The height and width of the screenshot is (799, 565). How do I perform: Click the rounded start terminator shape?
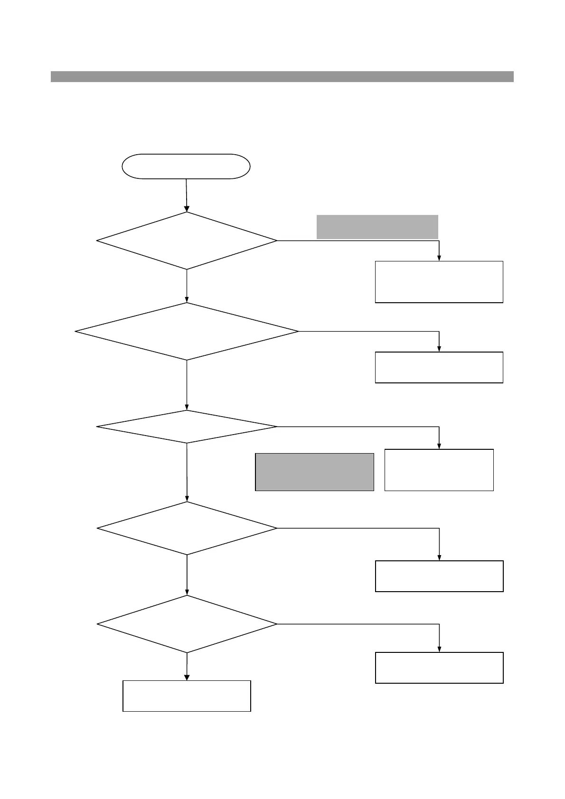coord(186,166)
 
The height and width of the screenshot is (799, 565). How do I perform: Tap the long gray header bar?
coord(282,76)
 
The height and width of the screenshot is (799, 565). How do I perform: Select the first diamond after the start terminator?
coord(187,241)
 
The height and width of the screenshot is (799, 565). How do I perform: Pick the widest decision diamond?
coord(187,331)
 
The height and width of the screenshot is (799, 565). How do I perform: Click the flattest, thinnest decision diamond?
coord(187,427)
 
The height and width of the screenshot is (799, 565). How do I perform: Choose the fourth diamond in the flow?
coord(187,528)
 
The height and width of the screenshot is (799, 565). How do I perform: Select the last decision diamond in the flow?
coord(187,624)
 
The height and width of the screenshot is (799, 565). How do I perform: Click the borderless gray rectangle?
coord(377,227)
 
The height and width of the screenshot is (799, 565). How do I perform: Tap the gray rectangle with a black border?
coord(314,472)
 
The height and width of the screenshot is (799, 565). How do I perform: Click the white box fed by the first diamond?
coord(439,282)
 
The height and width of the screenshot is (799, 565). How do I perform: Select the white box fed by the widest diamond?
coord(439,367)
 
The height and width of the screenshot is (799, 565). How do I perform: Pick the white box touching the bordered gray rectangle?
coord(439,470)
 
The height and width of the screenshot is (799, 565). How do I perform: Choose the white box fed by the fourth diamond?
coord(439,576)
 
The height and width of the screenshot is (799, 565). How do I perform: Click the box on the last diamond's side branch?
coord(439,668)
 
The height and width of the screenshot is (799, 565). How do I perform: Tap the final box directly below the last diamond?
coord(187,696)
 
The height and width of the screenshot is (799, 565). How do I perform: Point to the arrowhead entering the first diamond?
coord(187,208)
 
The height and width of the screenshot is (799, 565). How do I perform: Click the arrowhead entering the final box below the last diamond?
coord(187,677)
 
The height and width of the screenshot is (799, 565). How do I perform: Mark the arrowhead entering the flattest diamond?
coord(187,407)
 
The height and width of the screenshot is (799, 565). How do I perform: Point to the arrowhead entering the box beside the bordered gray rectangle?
coord(439,446)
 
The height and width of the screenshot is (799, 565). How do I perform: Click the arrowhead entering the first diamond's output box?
coord(439,258)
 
